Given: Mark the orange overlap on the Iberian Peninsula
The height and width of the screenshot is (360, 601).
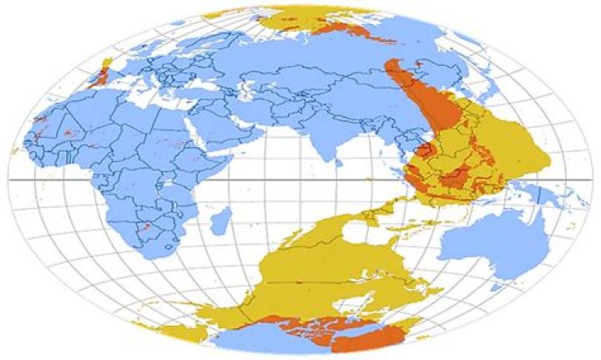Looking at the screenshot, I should tap(101, 76).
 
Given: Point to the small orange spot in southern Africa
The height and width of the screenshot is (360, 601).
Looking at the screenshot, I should tap(147, 226).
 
